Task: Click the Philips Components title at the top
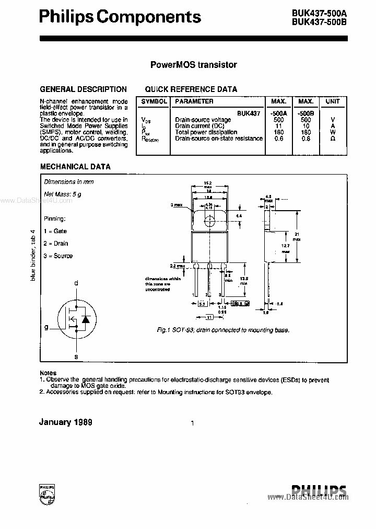(x=120, y=17)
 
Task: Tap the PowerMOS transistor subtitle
(x=193, y=65)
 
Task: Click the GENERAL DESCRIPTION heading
(x=84, y=89)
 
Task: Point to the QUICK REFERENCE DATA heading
(x=191, y=89)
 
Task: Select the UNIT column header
(x=333, y=101)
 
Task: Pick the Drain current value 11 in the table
(x=278, y=126)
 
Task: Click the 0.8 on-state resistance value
(x=305, y=139)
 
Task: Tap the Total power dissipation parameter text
(x=206, y=132)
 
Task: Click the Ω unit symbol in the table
(x=333, y=139)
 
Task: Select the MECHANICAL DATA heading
(x=75, y=167)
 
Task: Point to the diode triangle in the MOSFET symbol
(x=86, y=317)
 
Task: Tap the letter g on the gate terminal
(x=46, y=327)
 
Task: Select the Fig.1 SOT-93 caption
(x=223, y=330)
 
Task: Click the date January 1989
(x=66, y=422)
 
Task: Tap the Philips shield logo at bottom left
(x=47, y=494)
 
